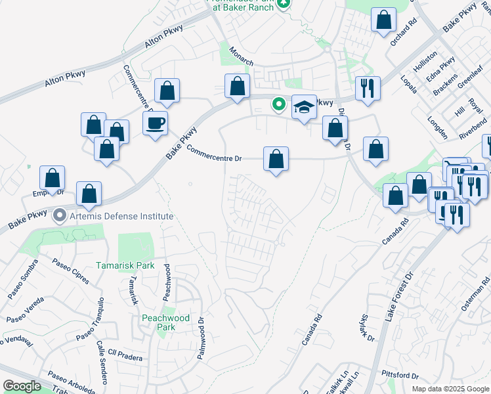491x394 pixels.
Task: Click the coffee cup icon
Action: click(155, 123)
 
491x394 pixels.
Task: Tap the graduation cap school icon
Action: click(304, 108)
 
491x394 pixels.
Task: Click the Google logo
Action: click(21, 386)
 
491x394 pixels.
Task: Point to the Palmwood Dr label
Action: click(202, 339)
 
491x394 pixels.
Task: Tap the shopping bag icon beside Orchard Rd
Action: click(383, 20)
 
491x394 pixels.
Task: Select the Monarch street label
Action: click(241, 56)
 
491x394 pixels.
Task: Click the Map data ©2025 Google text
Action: click(450, 389)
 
